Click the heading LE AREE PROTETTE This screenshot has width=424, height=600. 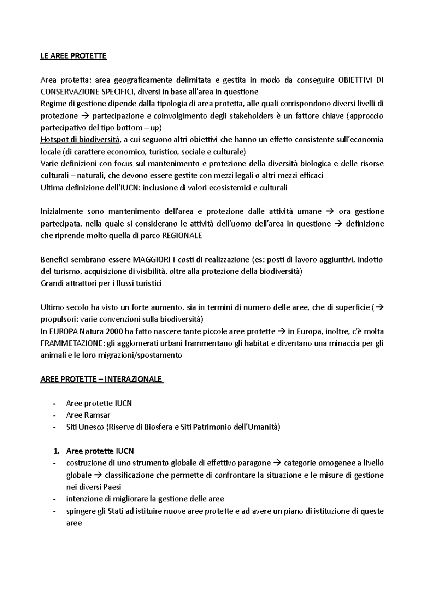(73, 56)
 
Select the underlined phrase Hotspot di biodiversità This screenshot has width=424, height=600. (80, 140)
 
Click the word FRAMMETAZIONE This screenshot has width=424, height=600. (72, 343)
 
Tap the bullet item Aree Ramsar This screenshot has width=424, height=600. (88, 415)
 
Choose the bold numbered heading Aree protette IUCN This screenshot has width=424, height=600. (100, 451)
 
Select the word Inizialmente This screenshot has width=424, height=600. (61, 212)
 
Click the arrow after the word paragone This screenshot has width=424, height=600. (277, 463)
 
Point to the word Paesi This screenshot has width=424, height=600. (112, 487)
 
